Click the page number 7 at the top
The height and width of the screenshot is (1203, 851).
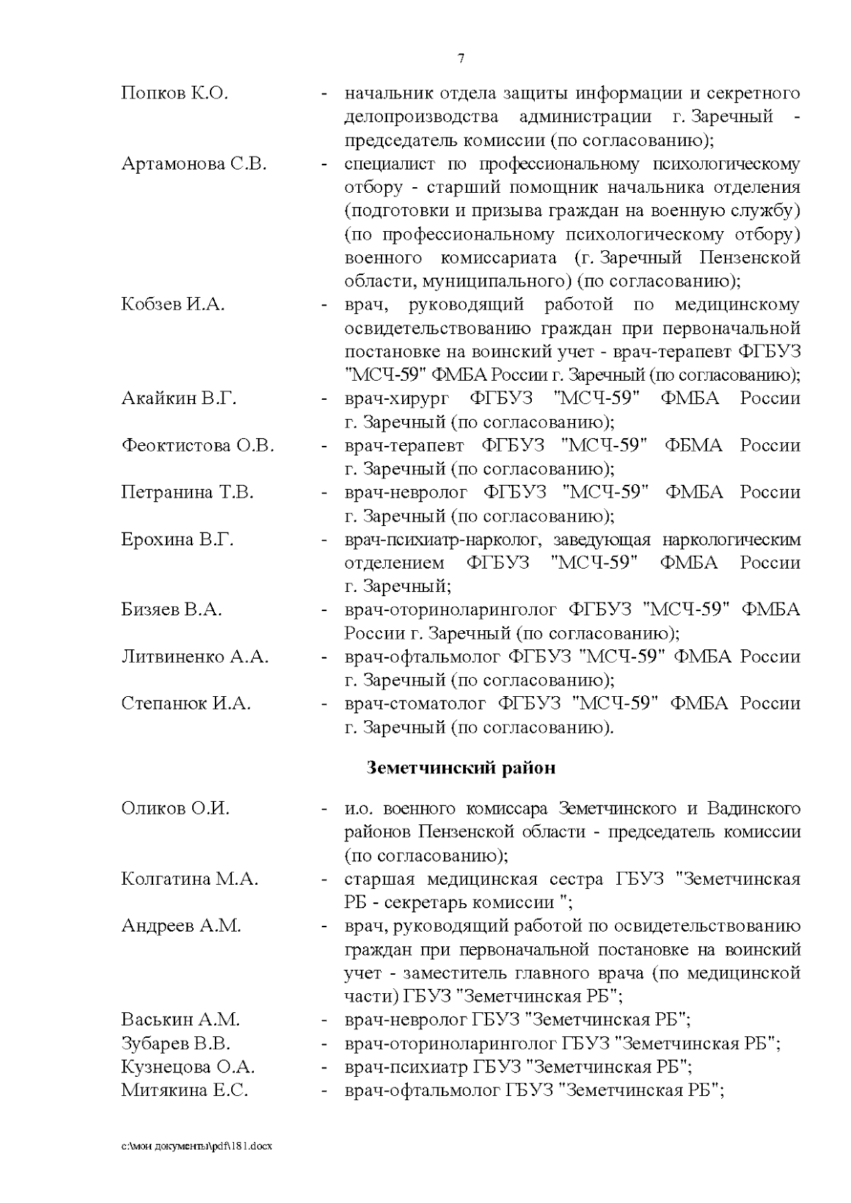(x=462, y=59)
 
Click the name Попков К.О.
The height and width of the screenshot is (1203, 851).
(x=174, y=94)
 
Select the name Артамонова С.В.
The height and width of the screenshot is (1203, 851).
(x=194, y=164)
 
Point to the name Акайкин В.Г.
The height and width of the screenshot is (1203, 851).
(x=179, y=398)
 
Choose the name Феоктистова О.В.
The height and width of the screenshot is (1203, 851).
(x=197, y=446)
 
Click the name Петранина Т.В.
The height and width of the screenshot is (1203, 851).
(x=187, y=493)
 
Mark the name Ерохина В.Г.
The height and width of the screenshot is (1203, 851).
(x=177, y=539)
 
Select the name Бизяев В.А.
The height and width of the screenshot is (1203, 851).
(x=172, y=610)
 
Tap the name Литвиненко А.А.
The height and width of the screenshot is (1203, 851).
(x=194, y=657)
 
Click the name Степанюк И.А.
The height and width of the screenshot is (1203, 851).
(x=186, y=704)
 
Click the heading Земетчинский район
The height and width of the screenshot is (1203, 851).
(x=461, y=768)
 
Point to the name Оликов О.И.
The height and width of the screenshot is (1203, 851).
(x=175, y=809)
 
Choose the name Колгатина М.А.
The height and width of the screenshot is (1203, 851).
(x=189, y=880)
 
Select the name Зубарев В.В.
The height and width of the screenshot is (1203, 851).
(x=176, y=1044)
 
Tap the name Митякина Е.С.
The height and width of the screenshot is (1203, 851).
(x=184, y=1091)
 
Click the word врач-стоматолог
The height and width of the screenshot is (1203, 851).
(x=415, y=704)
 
